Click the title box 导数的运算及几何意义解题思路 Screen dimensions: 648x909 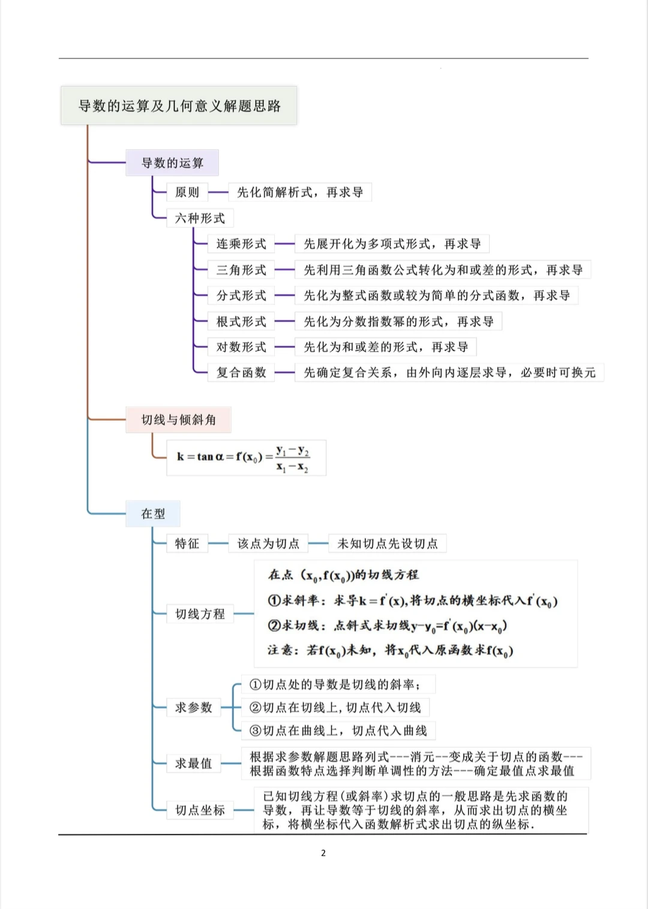point(179,106)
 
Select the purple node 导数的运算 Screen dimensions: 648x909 point(172,163)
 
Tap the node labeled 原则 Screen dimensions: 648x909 point(187,192)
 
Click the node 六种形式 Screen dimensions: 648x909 point(200,218)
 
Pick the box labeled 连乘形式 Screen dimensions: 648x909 point(241,244)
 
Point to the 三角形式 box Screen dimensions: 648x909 point(241,270)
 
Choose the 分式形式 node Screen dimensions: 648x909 point(241,295)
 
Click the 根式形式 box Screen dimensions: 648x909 point(241,321)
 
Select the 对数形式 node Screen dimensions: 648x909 point(241,347)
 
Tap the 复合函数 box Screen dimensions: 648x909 point(241,372)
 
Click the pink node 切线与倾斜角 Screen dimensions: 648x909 point(178,420)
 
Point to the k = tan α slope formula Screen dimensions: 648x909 point(246,458)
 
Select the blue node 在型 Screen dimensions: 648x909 point(153,514)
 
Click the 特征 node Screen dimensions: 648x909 point(187,543)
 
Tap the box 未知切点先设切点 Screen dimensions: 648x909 point(387,543)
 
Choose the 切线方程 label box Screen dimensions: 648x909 point(200,614)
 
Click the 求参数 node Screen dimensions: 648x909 point(193,707)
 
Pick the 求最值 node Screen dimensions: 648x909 point(193,763)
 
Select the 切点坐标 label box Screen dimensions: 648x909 point(200,810)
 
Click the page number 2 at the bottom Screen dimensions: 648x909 point(323,853)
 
